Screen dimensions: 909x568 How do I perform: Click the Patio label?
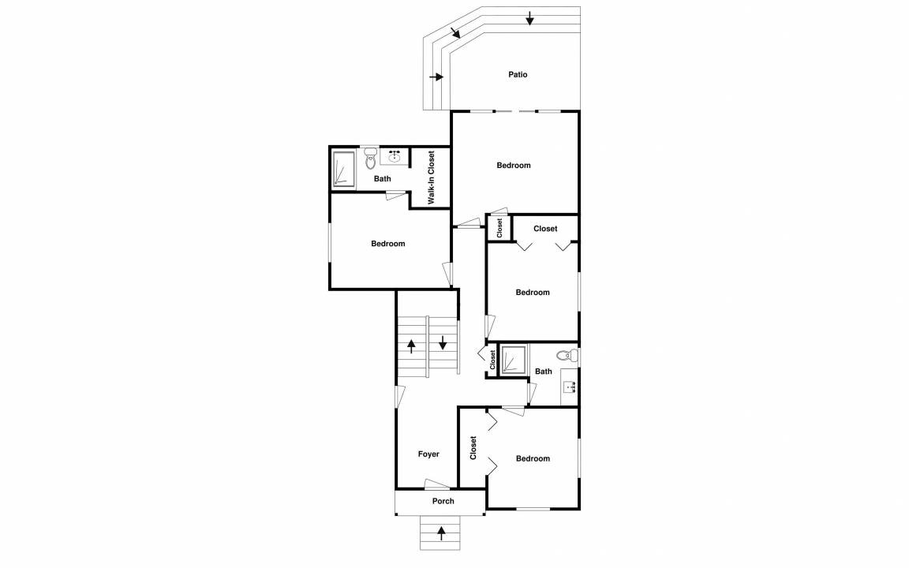point(518,74)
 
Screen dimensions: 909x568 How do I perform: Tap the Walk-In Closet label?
point(432,178)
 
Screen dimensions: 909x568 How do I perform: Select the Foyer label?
point(428,454)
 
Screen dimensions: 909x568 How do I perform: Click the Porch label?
point(443,501)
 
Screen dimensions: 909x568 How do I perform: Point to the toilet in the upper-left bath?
point(370,159)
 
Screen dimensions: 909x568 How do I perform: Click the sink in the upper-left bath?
point(395,156)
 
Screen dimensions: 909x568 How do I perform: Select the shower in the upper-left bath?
point(343,170)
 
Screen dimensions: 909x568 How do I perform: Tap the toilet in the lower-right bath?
point(567,355)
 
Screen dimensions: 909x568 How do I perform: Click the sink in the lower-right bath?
point(569,386)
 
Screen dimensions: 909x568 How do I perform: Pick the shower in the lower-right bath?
point(514,361)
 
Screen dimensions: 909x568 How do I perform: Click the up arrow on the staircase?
point(411,346)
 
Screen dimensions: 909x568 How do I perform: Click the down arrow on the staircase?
point(443,342)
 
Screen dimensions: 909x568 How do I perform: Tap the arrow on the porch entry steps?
point(441,532)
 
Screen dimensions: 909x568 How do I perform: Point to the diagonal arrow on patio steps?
point(455,32)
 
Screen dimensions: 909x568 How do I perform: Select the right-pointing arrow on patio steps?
point(436,77)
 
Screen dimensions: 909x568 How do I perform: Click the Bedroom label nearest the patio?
point(513,165)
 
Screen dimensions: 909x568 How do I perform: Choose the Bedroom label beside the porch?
point(533,458)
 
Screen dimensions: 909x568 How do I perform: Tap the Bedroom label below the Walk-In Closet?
point(388,244)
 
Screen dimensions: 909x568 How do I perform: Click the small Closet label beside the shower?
point(492,360)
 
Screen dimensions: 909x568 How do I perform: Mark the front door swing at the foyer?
point(437,484)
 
